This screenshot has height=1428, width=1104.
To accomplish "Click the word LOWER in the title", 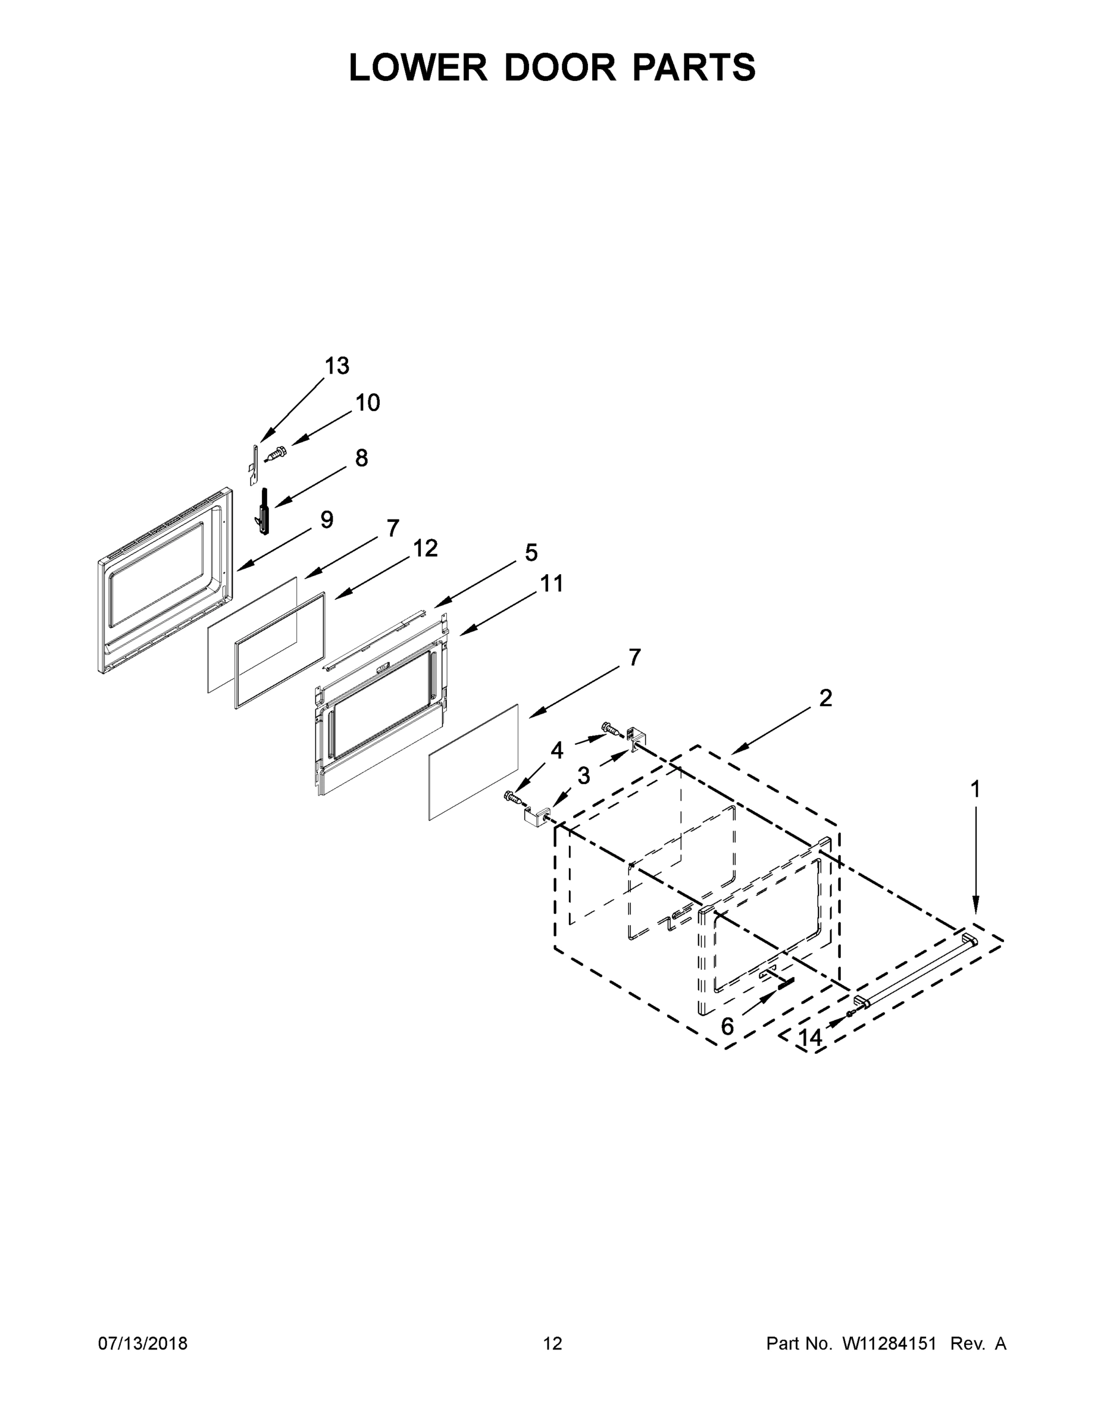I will [x=418, y=67].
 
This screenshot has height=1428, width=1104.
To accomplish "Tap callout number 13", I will [x=337, y=366].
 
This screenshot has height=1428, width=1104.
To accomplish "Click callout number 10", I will [x=368, y=403].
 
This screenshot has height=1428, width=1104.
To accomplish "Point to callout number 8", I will [x=362, y=458].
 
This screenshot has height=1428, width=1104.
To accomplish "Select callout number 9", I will [x=327, y=520].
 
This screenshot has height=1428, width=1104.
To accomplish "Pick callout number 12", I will [x=425, y=548].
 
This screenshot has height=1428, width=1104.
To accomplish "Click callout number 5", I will [x=531, y=553].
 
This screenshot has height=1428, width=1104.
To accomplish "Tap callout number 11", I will [x=551, y=583].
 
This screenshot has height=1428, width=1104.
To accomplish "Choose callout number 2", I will [x=825, y=699].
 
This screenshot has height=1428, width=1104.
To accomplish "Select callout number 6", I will [x=727, y=1027].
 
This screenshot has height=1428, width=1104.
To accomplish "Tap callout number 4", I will [x=556, y=751].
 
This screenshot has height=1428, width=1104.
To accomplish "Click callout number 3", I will [x=583, y=776].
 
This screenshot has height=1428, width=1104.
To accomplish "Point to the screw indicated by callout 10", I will [x=277, y=452].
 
